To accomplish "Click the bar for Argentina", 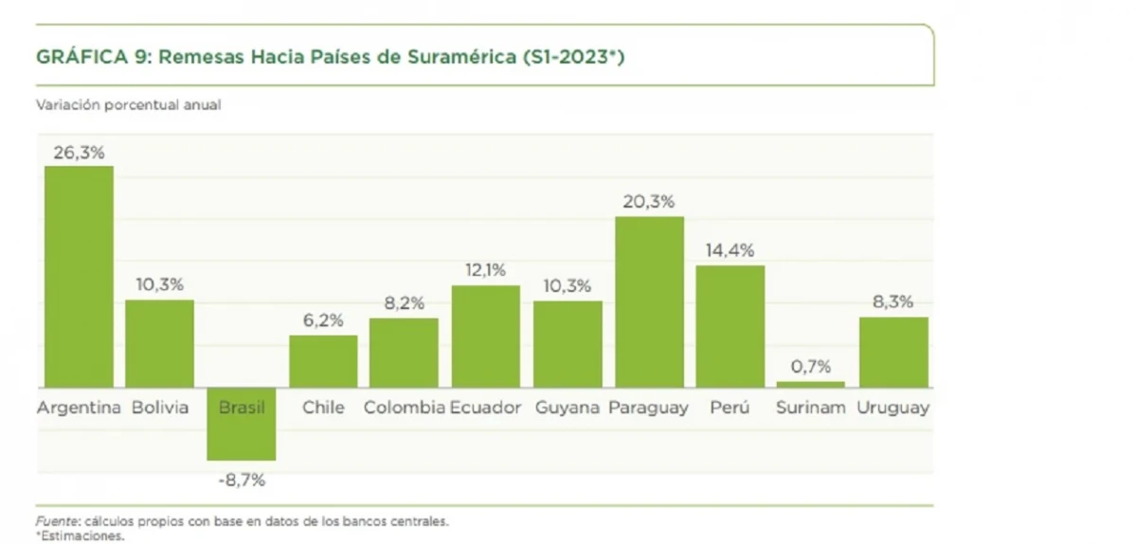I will tap(79, 276).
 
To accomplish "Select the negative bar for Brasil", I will tap(242, 424).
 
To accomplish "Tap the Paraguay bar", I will tap(649, 301).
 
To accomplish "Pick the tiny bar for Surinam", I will tap(810, 384).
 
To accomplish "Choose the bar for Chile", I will tap(323, 361).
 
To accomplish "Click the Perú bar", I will tap(730, 326).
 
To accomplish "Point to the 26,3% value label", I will tap(79, 152).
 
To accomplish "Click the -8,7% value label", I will tap(242, 480).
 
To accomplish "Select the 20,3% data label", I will tap(649, 201).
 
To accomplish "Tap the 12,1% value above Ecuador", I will tap(485, 270).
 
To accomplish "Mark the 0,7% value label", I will tap(810, 367).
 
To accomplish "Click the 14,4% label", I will tap(730, 250).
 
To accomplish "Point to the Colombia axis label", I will tap(405, 408).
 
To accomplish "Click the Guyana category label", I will tap(568, 408).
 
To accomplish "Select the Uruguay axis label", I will tap(893, 408).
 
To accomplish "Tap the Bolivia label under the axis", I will tap(160, 408).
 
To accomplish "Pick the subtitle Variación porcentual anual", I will tap(129, 105).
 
